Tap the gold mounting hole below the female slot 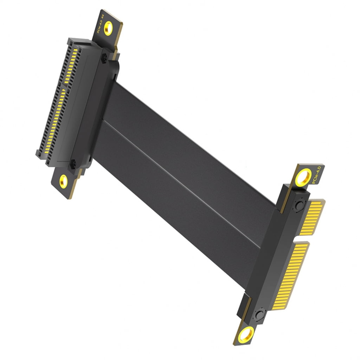coord(64,181)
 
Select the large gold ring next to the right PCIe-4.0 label coord(303,178)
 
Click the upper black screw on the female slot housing coord(104,59)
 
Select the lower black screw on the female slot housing coord(73,164)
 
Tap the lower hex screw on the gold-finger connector coord(259,314)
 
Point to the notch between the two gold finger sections coord(302,239)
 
